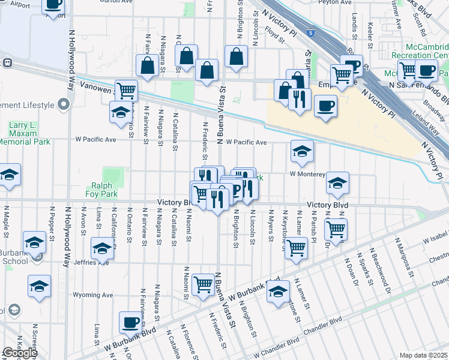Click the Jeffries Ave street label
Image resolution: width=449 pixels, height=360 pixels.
[x=91, y=262]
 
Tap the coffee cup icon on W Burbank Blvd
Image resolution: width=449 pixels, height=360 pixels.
[x=130, y=323]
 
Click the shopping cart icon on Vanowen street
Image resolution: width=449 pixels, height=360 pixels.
[x=127, y=91]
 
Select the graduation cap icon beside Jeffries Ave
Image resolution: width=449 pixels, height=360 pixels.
[x=103, y=247]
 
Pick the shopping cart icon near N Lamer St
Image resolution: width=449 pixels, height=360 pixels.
[x=296, y=247]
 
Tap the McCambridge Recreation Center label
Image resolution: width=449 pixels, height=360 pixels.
[x=419, y=51]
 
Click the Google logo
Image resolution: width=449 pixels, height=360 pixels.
[x=19, y=353]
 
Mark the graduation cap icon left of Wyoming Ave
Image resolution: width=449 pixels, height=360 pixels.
[x=39, y=286]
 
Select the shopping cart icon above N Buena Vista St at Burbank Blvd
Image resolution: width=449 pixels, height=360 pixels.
[x=203, y=283]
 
